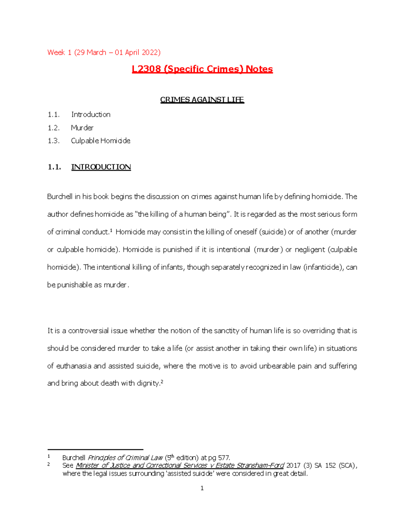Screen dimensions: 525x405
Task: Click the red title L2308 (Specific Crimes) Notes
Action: (x=202, y=69)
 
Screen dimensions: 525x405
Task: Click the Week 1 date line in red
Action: (x=104, y=52)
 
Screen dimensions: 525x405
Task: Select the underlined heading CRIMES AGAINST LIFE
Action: (x=202, y=100)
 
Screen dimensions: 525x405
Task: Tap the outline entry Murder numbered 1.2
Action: (x=82, y=128)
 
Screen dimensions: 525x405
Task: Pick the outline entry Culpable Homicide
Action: (x=101, y=141)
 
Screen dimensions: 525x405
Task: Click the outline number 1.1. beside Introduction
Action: (x=53, y=115)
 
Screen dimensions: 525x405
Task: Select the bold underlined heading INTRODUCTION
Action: (x=101, y=167)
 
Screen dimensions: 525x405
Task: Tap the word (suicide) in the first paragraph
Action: (x=272, y=232)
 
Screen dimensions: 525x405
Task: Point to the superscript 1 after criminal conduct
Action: (x=111, y=231)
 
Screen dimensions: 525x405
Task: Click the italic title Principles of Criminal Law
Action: (x=125, y=458)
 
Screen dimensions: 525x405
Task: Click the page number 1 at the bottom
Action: (x=202, y=488)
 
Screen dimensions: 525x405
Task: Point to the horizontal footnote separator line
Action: (x=96, y=450)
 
